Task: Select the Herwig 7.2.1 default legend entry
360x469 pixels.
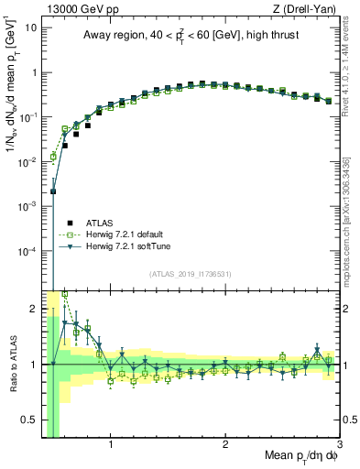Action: tap(127, 234)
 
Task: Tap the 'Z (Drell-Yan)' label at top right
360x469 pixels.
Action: tap(307, 9)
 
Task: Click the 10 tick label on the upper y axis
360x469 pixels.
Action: tap(31, 28)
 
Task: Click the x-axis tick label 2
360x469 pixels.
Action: tap(225, 446)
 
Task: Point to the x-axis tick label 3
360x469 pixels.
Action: tap(339, 446)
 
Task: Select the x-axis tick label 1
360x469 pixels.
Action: tap(111, 446)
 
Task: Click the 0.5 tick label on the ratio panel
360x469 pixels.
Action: tap(28, 420)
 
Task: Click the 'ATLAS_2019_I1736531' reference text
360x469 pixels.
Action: tap(191, 274)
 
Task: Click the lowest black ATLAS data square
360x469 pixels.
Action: tap(53, 191)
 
